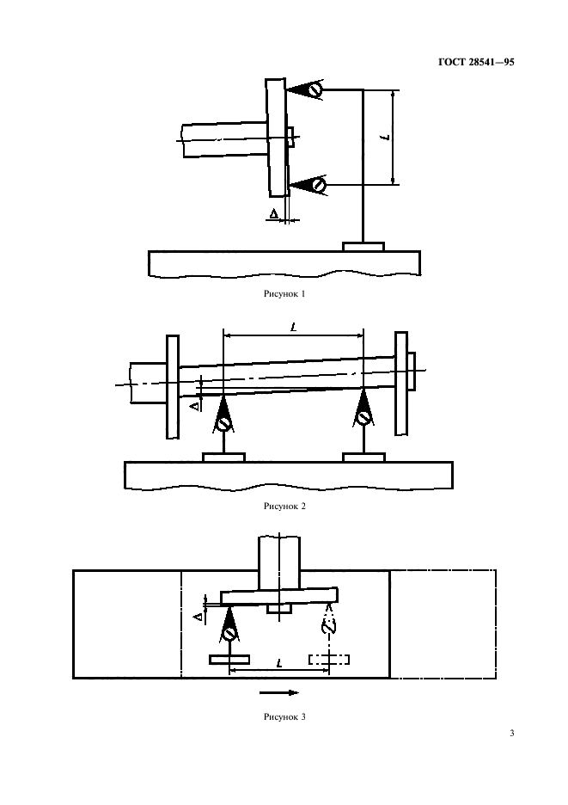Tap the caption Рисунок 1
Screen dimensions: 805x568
coord(284,293)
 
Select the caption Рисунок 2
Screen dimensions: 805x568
coord(284,506)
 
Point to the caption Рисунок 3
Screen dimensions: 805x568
coord(284,716)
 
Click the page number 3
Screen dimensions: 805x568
coord(511,734)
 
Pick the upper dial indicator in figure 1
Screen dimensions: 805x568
coord(315,89)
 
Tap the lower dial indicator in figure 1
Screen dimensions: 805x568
coord(318,184)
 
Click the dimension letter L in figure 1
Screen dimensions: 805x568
coord(384,137)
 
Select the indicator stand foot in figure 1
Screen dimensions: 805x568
coord(363,247)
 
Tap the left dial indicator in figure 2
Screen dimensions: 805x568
coord(223,421)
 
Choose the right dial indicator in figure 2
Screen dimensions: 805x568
coord(364,417)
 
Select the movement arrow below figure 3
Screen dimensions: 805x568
coord(280,691)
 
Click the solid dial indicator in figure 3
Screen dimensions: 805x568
coord(229,633)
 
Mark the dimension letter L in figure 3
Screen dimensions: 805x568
coord(280,663)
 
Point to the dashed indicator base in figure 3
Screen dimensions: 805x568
coord(329,660)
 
